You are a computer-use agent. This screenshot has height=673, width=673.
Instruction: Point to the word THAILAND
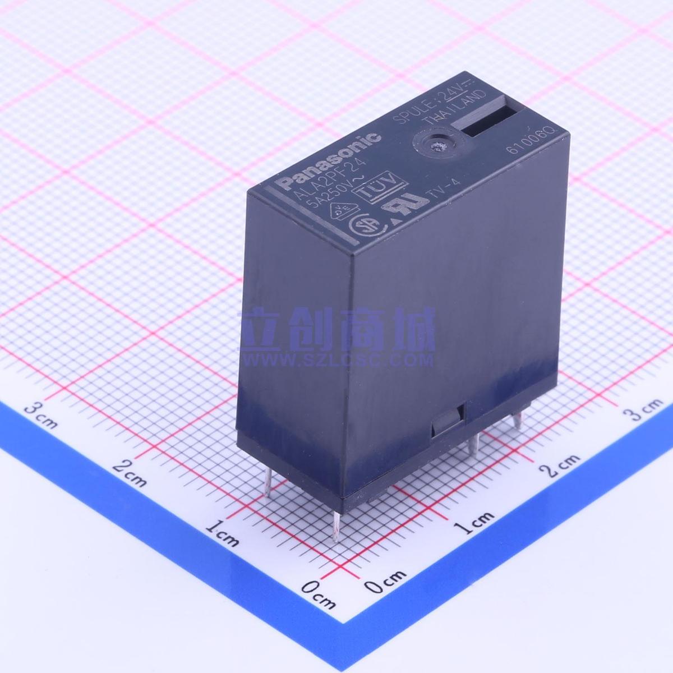click(x=453, y=110)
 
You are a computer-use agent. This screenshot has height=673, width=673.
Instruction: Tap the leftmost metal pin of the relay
click(x=270, y=482)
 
